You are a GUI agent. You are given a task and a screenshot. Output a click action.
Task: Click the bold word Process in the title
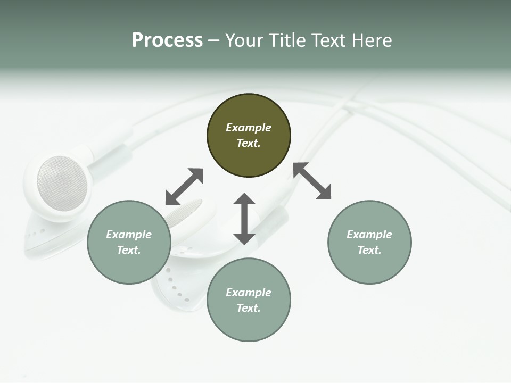click(x=167, y=40)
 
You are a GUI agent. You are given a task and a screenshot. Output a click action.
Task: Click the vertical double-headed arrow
click(x=244, y=219)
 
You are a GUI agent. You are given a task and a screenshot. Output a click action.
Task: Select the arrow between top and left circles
click(x=184, y=187)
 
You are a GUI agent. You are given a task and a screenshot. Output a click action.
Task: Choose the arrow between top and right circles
click(x=312, y=181)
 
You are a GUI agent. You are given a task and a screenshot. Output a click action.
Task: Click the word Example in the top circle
click(x=249, y=128)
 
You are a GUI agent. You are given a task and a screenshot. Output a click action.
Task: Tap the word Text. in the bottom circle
click(x=249, y=308)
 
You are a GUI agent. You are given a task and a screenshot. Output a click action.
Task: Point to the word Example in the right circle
click(x=369, y=235)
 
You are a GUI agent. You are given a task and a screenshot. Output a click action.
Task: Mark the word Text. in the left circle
click(x=129, y=250)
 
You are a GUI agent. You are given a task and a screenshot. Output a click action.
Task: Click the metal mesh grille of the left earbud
click(x=62, y=183)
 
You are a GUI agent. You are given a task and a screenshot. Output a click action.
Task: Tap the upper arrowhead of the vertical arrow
click(x=244, y=199)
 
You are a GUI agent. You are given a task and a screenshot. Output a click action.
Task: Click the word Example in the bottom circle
click(x=249, y=293)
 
